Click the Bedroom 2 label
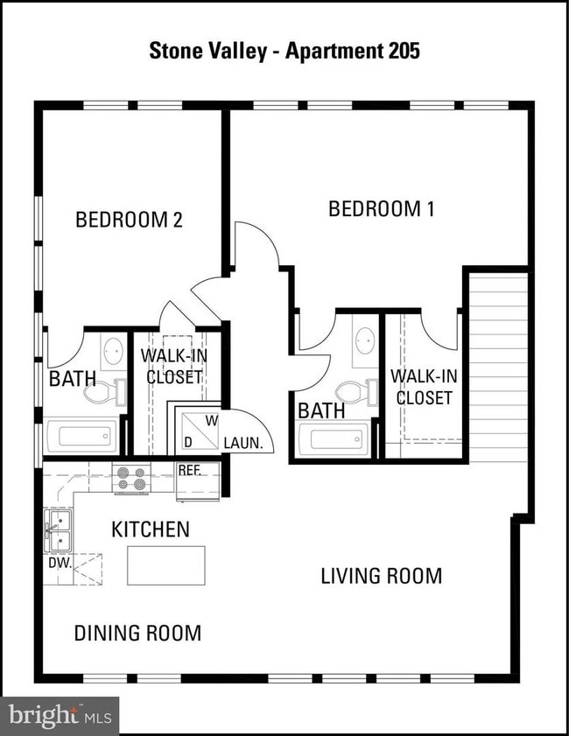coord(129,220)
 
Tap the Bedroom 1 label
coord(381,209)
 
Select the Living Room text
coord(381,576)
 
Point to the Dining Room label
coord(138,634)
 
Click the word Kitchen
coord(151,529)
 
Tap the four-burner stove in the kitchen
coord(131,479)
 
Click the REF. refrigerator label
coord(190,470)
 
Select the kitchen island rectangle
coord(166,565)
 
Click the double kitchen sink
coord(59,530)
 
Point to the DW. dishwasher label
coord(60,563)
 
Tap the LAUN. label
coord(242,443)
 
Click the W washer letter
coord(212,421)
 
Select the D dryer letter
coord(188,442)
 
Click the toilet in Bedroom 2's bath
coord(106,392)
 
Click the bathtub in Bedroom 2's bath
coord(81,437)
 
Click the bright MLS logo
coord(60,716)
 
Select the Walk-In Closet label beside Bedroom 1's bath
coord(424,387)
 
